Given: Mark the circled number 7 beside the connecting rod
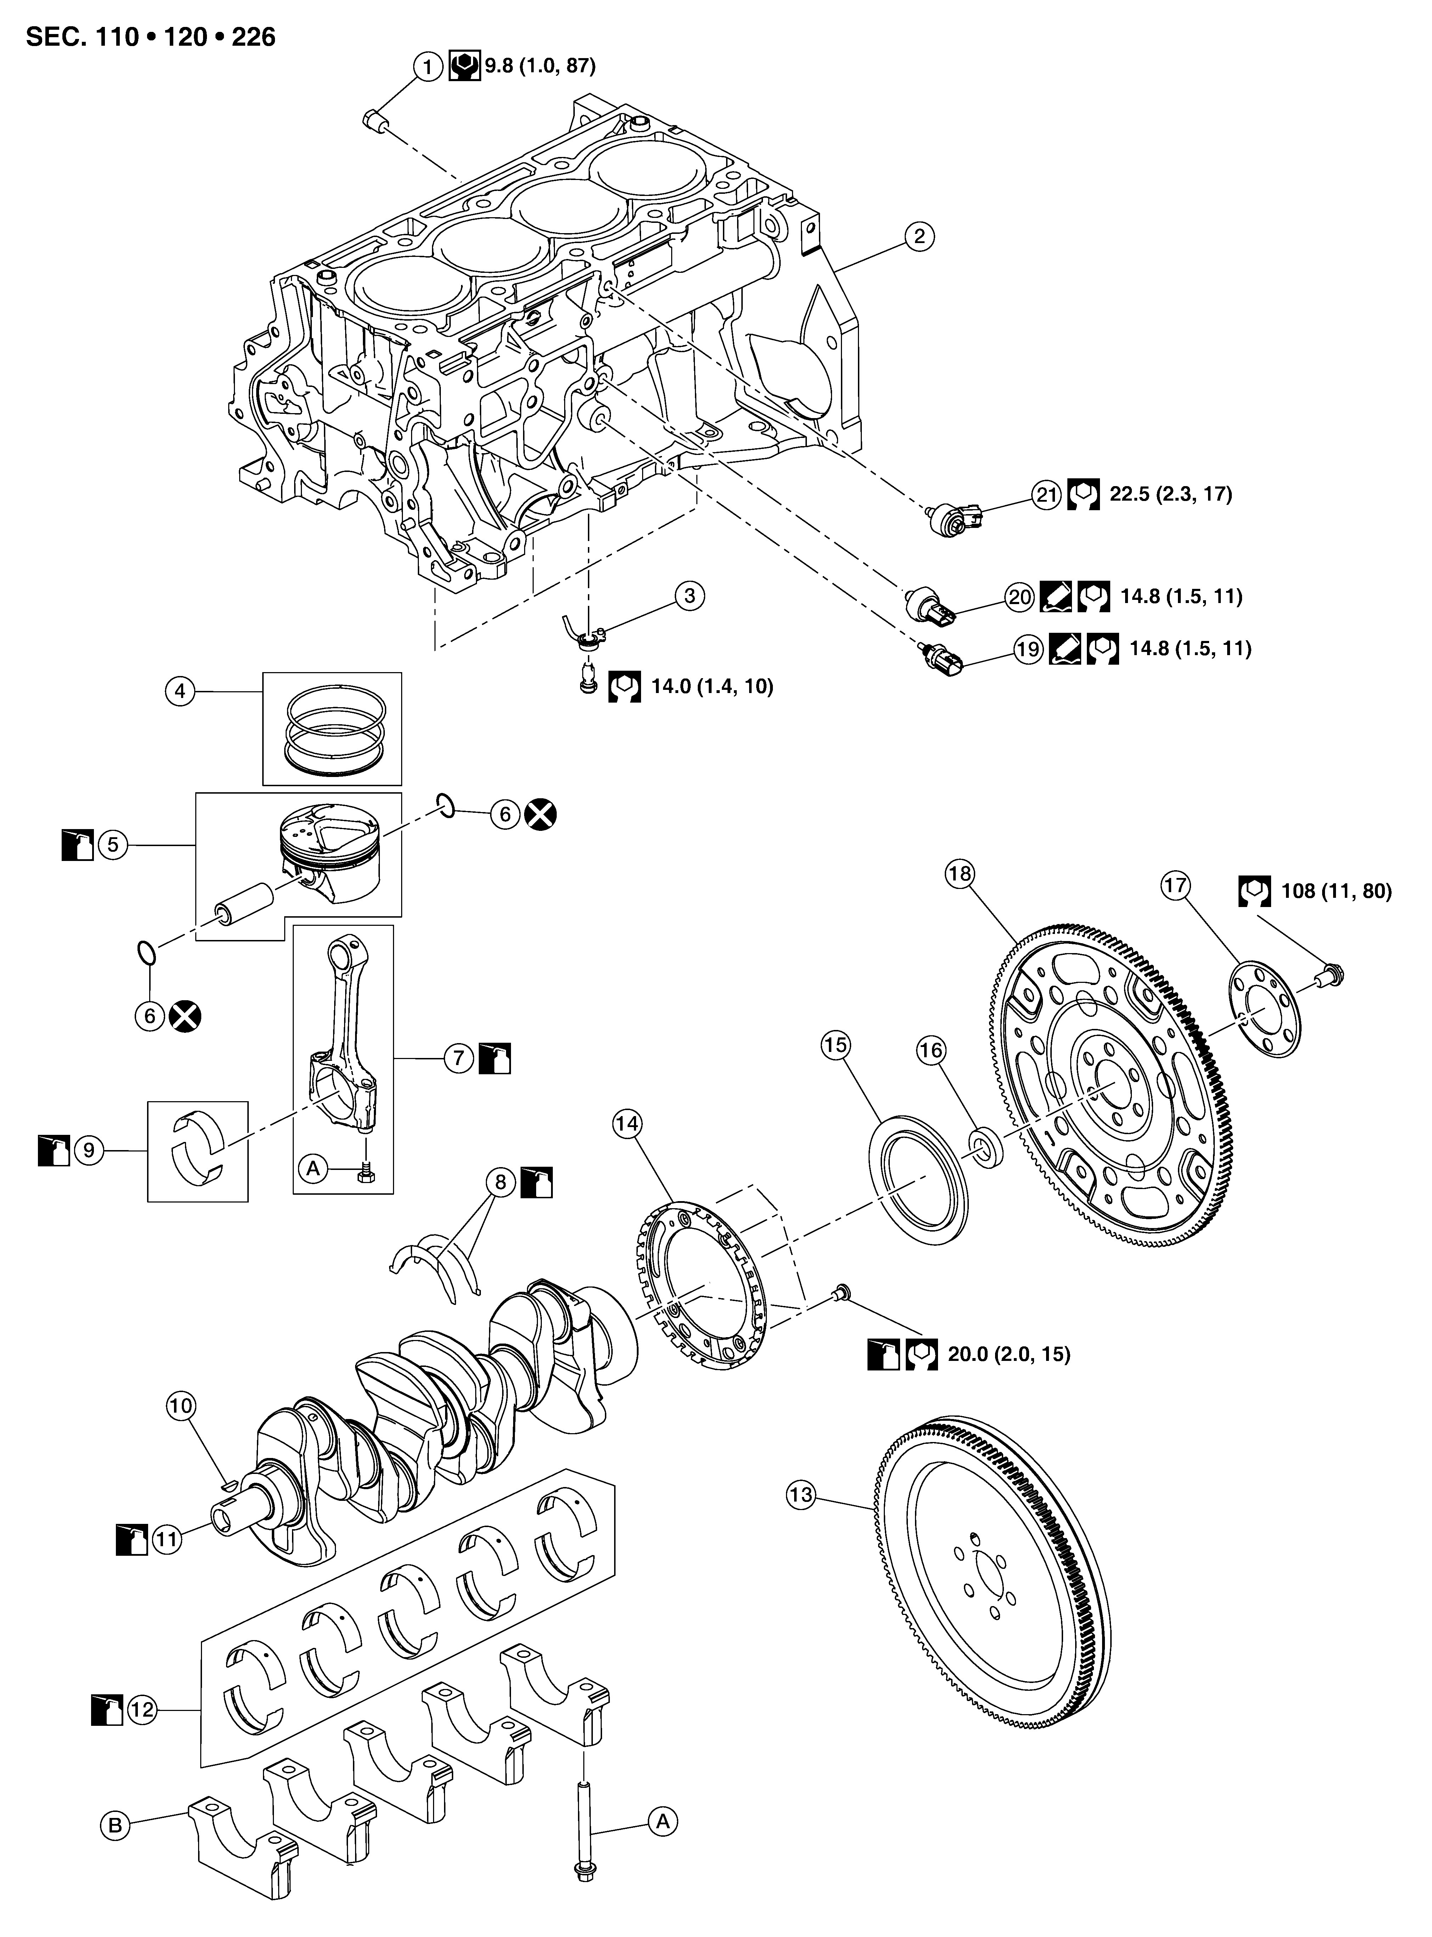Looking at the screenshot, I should tap(459, 1058).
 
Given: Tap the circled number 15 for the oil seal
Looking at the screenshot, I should tap(835, 1045).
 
